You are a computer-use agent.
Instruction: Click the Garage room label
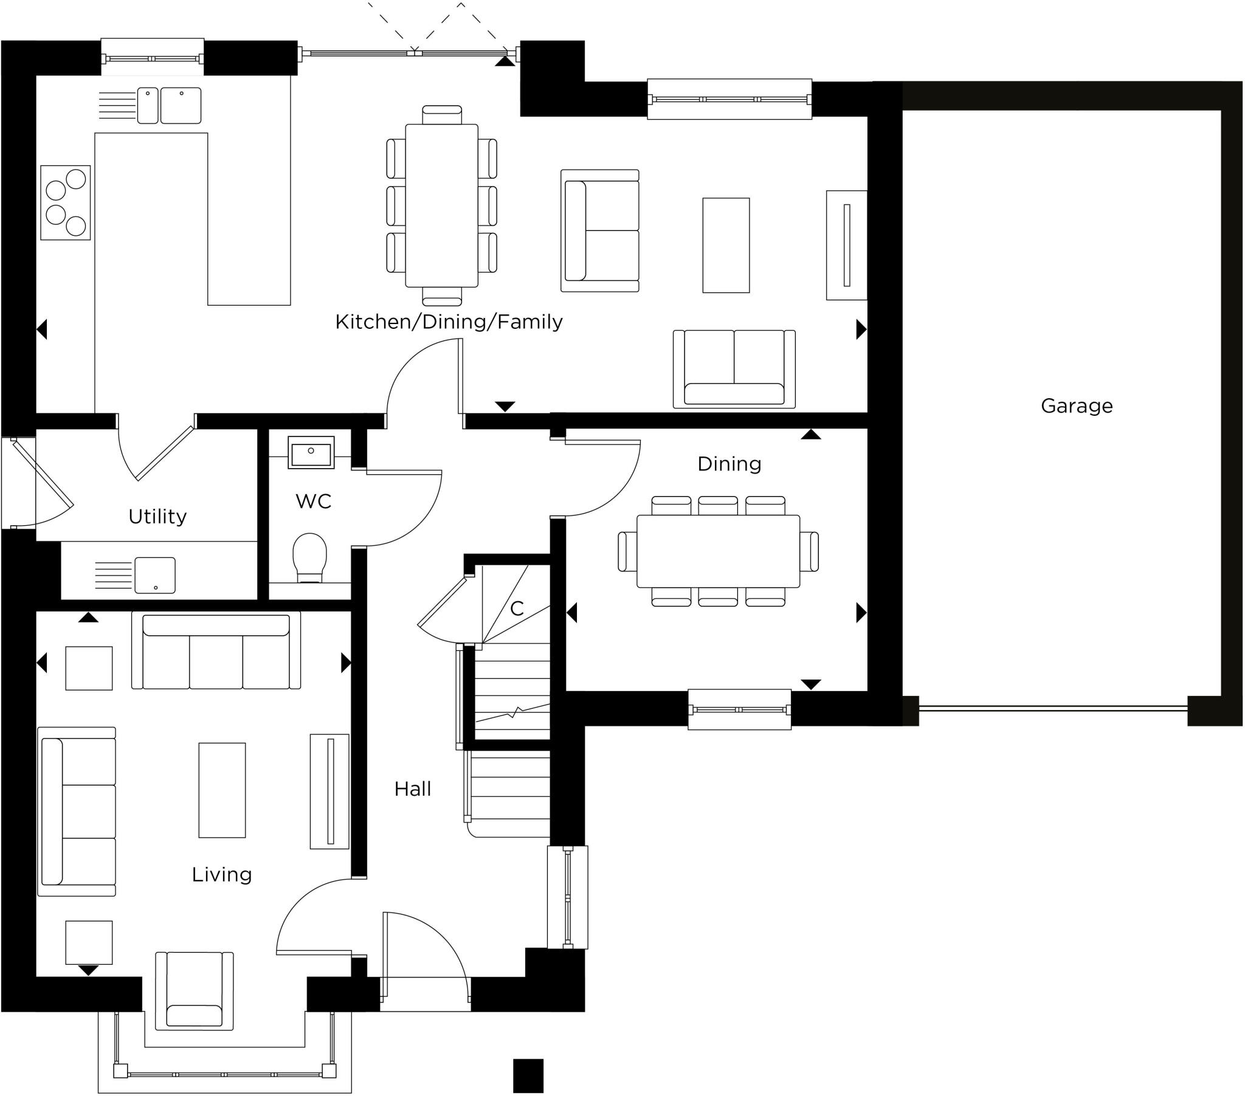tap(1076, 405)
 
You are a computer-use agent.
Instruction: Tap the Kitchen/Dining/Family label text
tap(448, 322)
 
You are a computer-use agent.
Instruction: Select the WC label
tap(313, 501)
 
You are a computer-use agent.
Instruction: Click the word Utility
tap(157, 517)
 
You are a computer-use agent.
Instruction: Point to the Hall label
tap(412, 789)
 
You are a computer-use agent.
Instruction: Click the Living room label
tap(222, 874)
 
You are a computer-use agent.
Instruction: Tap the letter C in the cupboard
tap(517, 608)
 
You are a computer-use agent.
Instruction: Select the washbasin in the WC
tap(311, 453)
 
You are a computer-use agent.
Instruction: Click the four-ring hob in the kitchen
tap(66, 202)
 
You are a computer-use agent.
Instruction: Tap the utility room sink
tap(154, 575)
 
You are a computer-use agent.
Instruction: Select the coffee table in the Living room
tap(222, 790)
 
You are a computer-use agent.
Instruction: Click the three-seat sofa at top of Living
tap(216, 652)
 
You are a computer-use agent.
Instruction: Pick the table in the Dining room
tap(718, 551)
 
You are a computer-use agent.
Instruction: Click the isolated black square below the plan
tap(528, 1076)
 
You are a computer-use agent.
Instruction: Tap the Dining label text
tap(729, 464)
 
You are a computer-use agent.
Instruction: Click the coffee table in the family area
tap(725, 245)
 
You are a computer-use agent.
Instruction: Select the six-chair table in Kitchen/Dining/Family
tap(441, 205)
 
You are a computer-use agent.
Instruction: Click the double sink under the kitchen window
tap(169, 105)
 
